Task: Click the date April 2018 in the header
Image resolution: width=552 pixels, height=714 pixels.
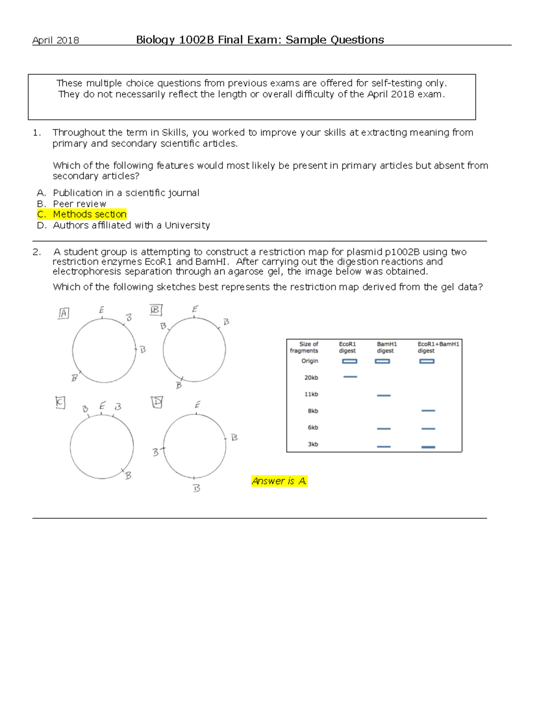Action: click(x=56, y=40)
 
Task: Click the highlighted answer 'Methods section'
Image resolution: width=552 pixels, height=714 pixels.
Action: click(x=89, y=214)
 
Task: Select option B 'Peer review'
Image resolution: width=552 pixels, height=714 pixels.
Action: click(x=79, y=204)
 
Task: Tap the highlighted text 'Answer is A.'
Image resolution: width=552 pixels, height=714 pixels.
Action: click(x=279, y=481)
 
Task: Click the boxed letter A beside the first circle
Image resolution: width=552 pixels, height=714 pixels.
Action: click(x=63, y=313)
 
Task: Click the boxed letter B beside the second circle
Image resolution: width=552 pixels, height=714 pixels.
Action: click(x=156, y=310)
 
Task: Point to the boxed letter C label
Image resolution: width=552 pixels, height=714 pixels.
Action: click(x=60, y=403)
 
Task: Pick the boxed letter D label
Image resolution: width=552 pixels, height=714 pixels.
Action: click(x=157, y=402)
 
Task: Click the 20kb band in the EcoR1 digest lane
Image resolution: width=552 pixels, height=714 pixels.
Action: click(x=350, y=377)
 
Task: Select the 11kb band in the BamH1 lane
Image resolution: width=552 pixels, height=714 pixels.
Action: click(x=384, y=395)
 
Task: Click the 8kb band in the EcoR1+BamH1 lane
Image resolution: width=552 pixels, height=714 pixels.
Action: click(x=428, y=411)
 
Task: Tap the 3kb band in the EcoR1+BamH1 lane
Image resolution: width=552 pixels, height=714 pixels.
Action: click(x=428, y=447)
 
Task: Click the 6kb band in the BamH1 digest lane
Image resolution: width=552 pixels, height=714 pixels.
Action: click(x=384, y=428)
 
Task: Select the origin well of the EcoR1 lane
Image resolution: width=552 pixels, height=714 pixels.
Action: click(x=350, y=361)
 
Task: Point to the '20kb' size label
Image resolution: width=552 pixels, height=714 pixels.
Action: click(x=311, y=377)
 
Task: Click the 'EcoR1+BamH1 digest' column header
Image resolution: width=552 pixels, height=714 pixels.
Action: click(x=437, y=347)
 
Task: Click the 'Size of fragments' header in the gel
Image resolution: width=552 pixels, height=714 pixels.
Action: click(x=304, y=347)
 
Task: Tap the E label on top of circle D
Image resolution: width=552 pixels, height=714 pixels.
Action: click(x=197, y=405)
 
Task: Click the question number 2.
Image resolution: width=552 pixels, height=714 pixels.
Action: click(x=37, y=252)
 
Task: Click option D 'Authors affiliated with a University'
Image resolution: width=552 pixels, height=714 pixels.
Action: click(x=131, y=225)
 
